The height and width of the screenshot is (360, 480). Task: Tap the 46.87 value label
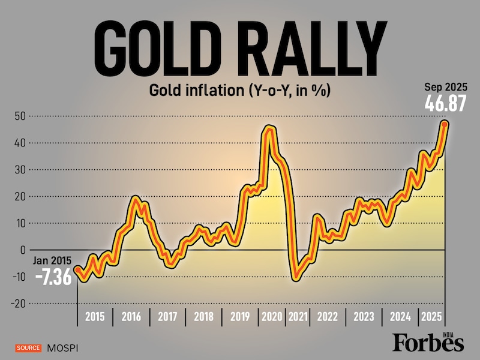point(445,103)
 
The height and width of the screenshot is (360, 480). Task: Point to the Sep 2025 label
point(445,86)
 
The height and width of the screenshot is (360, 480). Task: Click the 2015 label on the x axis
point(95,317)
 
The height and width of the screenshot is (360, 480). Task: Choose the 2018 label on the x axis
point(203,317)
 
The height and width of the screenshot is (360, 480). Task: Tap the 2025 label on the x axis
point(430,317)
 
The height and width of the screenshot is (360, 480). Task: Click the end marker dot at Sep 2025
point(445,124)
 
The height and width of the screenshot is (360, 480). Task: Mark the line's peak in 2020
point(269,128)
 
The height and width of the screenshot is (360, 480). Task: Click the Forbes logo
point(428,342)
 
